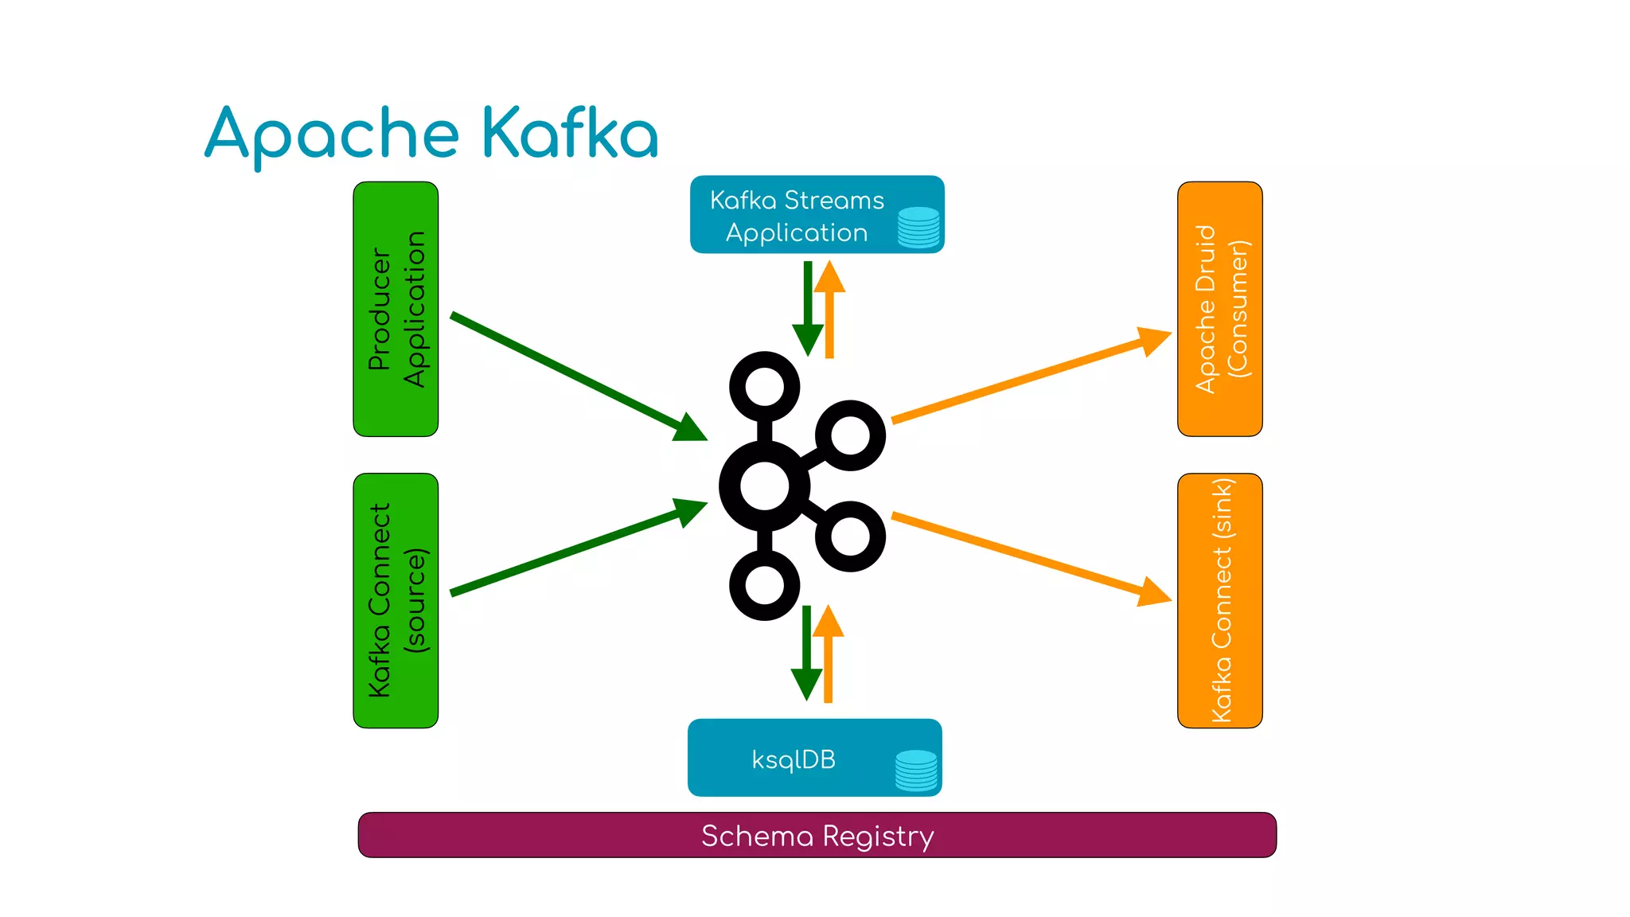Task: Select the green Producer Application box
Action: pos(396,309)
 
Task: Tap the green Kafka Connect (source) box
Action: pos(396,600)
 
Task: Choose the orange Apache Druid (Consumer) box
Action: pos(1219,309)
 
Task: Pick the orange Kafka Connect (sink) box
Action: pos(1219,600)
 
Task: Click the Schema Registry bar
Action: pos(817,835)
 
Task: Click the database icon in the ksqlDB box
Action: pos(916,770)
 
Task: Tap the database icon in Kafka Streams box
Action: pos(918,227)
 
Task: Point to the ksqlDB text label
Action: pos(794,759)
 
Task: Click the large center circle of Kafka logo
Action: pos(764,486)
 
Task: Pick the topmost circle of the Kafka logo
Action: pos(764,386)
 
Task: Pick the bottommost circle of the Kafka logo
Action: pos(764,586)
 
